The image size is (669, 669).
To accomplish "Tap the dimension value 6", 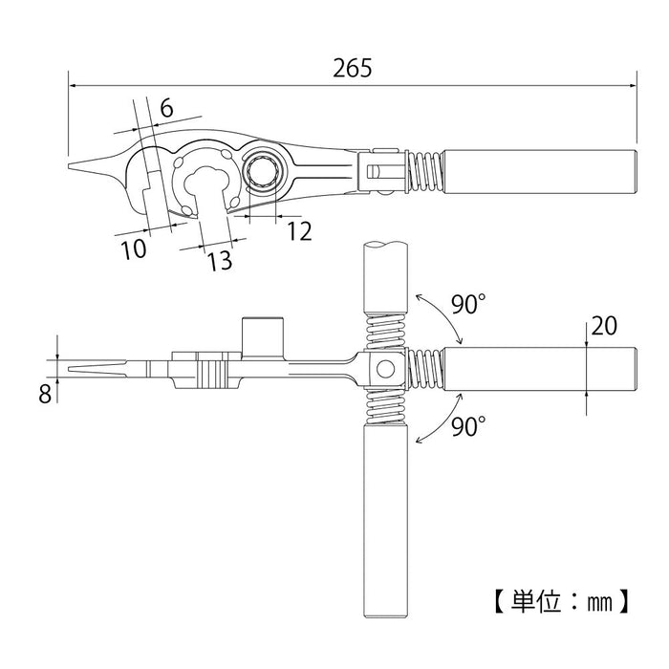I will point(165,108).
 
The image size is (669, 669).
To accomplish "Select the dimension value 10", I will point(134,249).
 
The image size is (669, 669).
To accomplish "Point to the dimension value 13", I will point(219,260).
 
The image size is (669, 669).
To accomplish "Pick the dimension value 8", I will point(44,393).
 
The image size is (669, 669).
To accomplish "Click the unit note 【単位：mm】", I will point(562,602).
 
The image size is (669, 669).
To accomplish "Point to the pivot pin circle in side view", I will point(384,369).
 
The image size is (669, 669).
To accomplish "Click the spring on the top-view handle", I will point(425,172).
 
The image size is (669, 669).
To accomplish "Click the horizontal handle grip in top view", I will point(540,172).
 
